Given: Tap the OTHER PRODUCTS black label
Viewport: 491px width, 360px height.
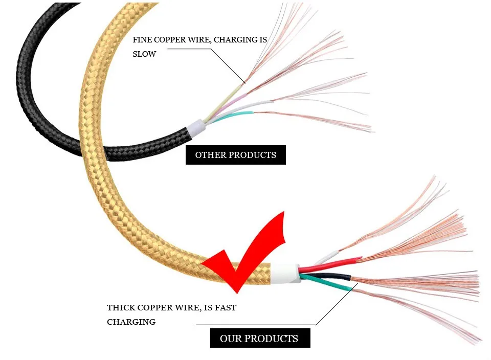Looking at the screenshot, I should [x=235, y=155].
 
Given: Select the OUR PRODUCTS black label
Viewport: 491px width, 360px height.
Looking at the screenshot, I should [x=259, y=339].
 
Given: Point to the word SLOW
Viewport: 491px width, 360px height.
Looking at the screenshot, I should [x=144, y=54].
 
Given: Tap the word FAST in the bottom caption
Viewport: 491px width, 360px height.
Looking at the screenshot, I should [x=225, y=308].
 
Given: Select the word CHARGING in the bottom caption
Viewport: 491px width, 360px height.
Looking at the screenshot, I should [x=131, y=322].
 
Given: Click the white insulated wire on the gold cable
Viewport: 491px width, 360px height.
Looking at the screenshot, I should [x=327, y=255].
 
